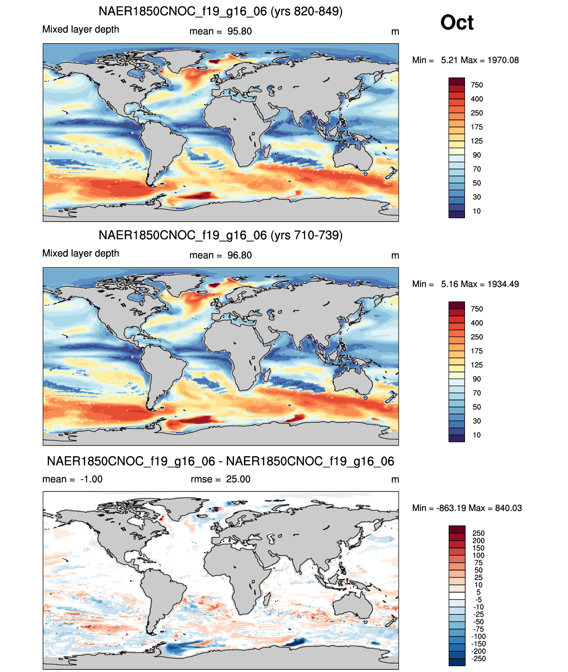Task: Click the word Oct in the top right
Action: tap(457, 23)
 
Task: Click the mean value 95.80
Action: tap(239, 31)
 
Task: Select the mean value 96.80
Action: tap(239, 255)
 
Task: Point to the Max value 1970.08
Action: tap(503, 60)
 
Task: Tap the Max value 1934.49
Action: tap(503, 284)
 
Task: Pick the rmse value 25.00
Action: tap(238, 479)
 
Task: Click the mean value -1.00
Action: tap(91, 479)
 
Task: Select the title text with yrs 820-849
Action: tap(221, 12)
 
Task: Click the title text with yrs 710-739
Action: tap(221, 235)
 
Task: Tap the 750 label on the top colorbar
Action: tap(477, 85)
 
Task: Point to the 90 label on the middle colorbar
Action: tap(477, 379)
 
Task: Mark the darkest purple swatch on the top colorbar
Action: tap(457, 215)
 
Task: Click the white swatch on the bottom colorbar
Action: tap(457, 596)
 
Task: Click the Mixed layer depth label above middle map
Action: tap(81, 253)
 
